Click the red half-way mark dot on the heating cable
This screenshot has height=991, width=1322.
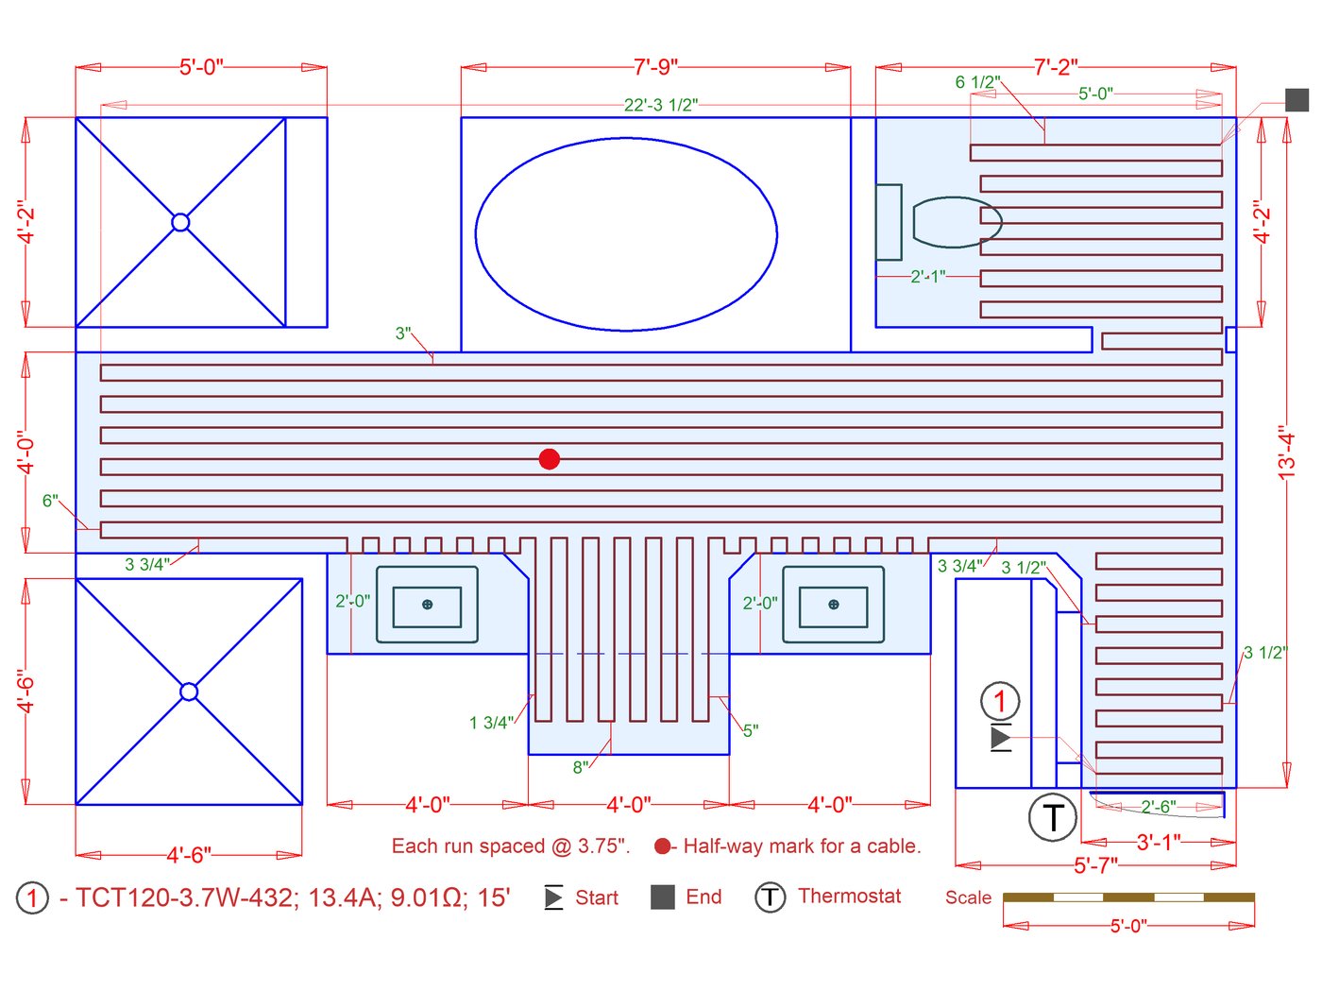549,459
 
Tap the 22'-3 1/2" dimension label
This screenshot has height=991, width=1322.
660,105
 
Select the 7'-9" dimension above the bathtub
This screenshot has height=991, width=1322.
655,67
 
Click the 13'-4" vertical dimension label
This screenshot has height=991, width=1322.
1285,456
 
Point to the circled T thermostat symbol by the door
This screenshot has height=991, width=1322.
1052,817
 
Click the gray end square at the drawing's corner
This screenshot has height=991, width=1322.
1297,100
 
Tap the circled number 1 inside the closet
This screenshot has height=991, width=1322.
1000,701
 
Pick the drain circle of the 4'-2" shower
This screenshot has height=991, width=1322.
180,222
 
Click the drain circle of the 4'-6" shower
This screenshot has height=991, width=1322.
189,692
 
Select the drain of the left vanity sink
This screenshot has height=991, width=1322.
427,605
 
